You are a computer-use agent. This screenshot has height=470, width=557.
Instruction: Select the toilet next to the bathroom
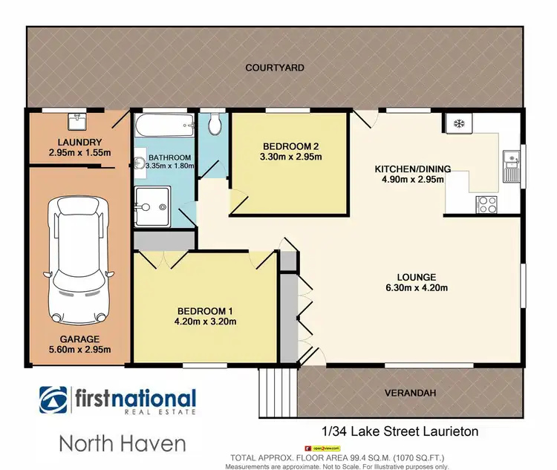215,125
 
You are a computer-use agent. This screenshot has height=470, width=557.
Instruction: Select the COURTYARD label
275,68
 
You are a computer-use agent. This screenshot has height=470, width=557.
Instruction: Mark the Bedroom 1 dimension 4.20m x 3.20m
206,322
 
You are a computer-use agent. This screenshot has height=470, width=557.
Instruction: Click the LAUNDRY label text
74,142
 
